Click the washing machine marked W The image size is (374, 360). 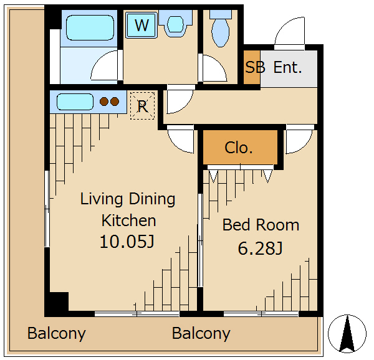click(x=141, y=25)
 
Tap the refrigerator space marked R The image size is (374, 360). click(x=142, y=105)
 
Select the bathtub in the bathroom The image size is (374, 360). click(x=90, y=27)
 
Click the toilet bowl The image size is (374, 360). click(x=221, y=32)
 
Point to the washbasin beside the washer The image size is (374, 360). click(x=176, y=24)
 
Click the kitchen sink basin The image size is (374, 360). click(x=75, y=102)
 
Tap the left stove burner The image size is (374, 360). click(x=104, y=102)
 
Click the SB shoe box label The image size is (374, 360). click(x=255, y=67)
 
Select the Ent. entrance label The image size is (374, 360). click(x=287, y=67)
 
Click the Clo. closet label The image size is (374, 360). click(x=239, y=148)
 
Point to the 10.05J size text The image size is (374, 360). click(x=127, y=242)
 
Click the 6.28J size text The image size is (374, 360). click(x=260, y=249)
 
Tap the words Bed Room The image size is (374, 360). click(x=261, y=225)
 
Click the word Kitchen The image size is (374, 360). click(x=129, y=220)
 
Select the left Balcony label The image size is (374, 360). click(x=56, y=333)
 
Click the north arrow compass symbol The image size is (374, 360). click(x=347, y=334)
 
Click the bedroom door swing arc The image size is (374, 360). click(x=305, y=146)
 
